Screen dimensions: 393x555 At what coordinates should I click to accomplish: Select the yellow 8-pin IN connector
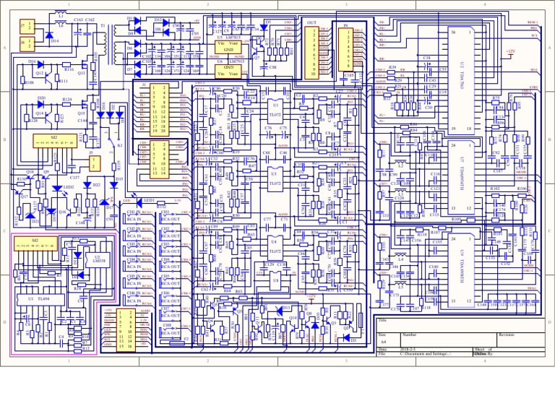(350, 49)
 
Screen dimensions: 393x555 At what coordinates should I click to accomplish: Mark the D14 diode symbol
(49, 35)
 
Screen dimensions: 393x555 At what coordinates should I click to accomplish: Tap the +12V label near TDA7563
(510, 52)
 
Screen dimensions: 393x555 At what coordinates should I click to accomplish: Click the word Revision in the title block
(507, 335)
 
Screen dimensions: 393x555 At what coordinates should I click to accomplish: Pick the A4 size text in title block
(383, 342)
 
